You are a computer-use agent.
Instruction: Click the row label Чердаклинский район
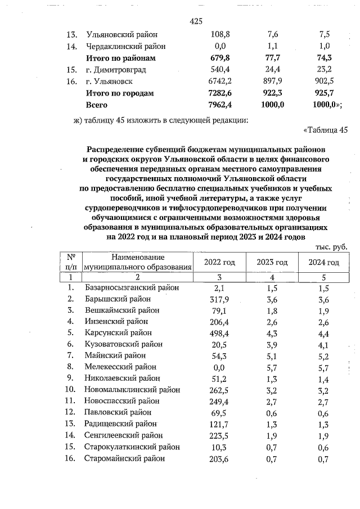[x=125, y=46]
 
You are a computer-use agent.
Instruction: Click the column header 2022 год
[x=220, y=263]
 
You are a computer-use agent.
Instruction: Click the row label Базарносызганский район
[x=132, y=287]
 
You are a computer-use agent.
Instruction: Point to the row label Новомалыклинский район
[x=133, y=389]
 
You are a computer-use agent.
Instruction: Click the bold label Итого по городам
[x=119, y=93]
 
